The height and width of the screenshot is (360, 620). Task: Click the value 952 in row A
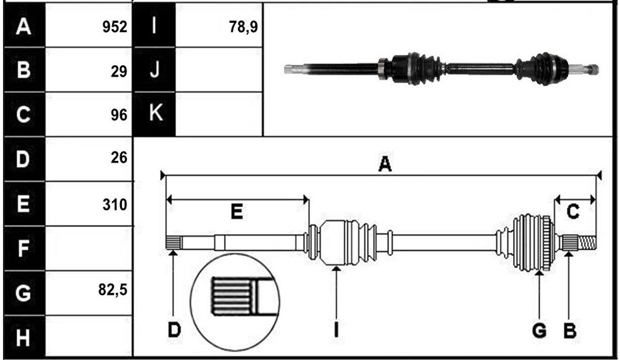point(115,27)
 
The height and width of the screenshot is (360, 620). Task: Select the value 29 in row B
point(119,71)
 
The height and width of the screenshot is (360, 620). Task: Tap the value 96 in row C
point(119,115)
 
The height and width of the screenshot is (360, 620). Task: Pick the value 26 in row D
point(119,158)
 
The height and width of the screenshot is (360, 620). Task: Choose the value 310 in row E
point(115,204)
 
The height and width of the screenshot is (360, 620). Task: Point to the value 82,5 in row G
point(113,290)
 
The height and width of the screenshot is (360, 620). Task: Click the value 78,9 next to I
point(244,27)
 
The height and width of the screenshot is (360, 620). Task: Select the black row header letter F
point(23,249)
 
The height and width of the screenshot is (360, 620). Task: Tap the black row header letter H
point(23,338)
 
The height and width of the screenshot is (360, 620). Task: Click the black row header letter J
point(154,70)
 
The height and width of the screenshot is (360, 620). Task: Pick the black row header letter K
point(156,113)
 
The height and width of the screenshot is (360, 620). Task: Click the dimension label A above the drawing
point(385,164)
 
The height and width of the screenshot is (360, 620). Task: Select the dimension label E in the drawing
point(237,212)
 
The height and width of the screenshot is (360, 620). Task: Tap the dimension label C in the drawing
point(573,212)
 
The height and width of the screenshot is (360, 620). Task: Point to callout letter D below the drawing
point(174,330)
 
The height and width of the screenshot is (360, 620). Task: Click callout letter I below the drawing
point(336,330)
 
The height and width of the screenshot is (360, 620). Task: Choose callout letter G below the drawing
point(539,330)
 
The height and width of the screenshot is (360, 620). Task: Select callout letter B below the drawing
point(569,330)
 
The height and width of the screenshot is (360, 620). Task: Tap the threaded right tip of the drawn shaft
point(587,242)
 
